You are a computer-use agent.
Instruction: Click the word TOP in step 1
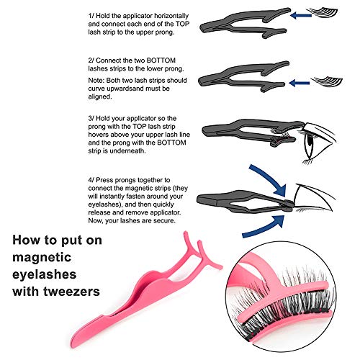coord(182,24)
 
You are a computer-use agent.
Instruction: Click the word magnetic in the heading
coord(42,257)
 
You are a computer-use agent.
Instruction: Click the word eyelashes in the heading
coord(45,274)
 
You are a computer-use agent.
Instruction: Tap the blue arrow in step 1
coord(301,15)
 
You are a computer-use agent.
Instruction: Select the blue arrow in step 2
coord(300,84)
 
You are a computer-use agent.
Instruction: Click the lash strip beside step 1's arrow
coord(323,12)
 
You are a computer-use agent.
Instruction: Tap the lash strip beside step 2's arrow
coord(327,81)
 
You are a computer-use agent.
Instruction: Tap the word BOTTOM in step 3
coord(171,143)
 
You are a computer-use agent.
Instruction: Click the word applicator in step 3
coord(141,119)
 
